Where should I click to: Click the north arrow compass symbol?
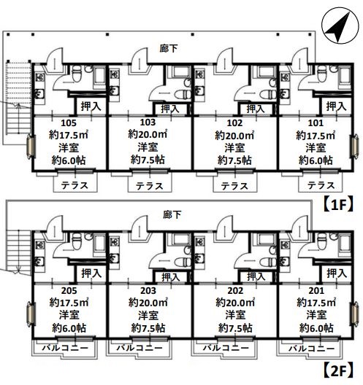(x=340, y=28)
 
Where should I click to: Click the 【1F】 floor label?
(x=339, y=204)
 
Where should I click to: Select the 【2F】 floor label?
(x=339, y=370)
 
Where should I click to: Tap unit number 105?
(x=69, y=122)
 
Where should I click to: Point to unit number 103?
(x=148, y=122)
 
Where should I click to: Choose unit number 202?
(x=235, y=291)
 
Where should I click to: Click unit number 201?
(x=316, y=291)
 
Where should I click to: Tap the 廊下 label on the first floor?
(x=169, y=48)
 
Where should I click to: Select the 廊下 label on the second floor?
(x=172, y=215)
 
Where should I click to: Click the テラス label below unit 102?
(x=234, y=186)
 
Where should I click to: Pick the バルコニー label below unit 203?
(x=140, y=348)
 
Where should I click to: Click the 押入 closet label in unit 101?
(x=336, y=106)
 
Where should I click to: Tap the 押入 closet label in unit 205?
(x=91, y=273)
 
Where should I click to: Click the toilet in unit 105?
(x=77, y=73)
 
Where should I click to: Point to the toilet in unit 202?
(x=269, y=262)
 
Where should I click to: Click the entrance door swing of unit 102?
(x=225, y=59)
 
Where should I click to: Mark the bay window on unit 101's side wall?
(x=354, y=146)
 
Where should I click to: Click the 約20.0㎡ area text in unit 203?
(x=148, y=303)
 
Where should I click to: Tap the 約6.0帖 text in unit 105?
(x=69, y=160)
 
